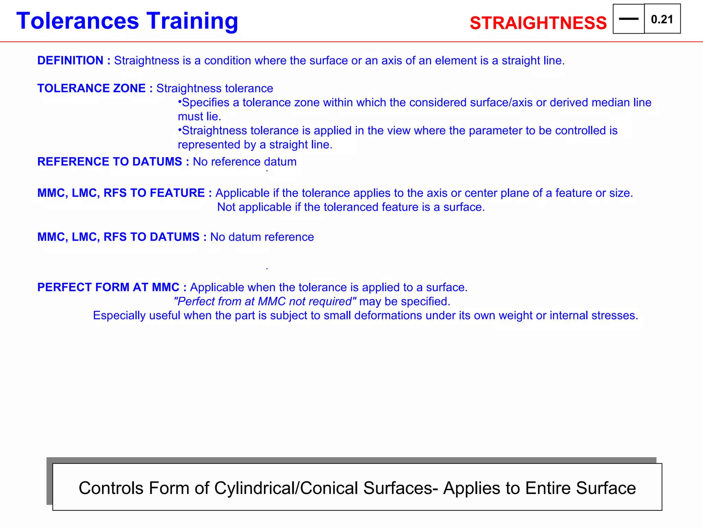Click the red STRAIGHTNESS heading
pyautogui.click(x=538, y=23)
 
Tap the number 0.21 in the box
pyautogui.click(x=662, y=20)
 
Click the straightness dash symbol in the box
pyautogui.click(x=628, y=19)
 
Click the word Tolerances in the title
pyautogui.click(x=78, y=21)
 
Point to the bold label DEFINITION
pyautogui.click(x=70, y=60)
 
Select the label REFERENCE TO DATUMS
pyautogui.click(x=110, y=162)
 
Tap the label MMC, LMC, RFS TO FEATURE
pyautogui.click(x=121, y=193)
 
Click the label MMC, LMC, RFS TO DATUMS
pyautogui.click(x=118, y=237)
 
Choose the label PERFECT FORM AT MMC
pyautogui.click(x=108, y=287)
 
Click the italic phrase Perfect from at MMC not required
pyautogui.click(x=265, y=301)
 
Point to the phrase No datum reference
pyautogui.click(x=262, y=237)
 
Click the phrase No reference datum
pyautogui.click(x=244, y=162)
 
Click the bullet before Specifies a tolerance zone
pyautogui.click(x=180, y=102)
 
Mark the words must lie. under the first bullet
pyautogui.click(x=199, y=117)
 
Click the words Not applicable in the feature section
pyautogui.click(x=254, y=207)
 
